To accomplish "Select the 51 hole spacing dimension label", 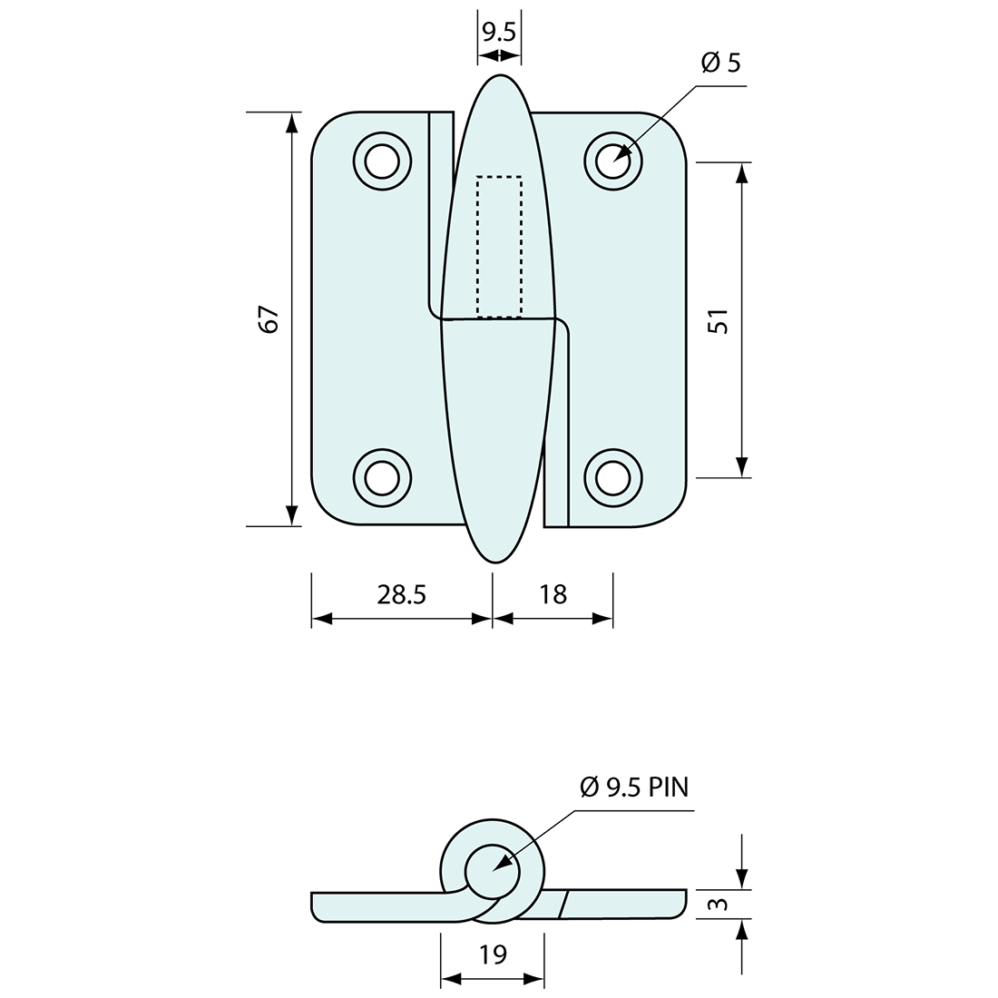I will (x=718, y=321).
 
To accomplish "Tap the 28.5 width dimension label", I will (x=402, y=594).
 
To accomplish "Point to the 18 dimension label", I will (x=553, y=594).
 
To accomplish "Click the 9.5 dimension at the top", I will (x=499, y=34).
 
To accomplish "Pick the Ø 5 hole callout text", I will (x=720, y=64).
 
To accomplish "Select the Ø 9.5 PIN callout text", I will (x=634, y=787).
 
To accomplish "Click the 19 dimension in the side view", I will (x=493, y=954).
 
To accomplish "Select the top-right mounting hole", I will (x=614, y=162).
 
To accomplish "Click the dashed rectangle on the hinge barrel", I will (x=499, y=246).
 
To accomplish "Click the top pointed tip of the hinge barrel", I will (x=499, y=76).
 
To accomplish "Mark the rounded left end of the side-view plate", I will (x=314, y=906).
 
